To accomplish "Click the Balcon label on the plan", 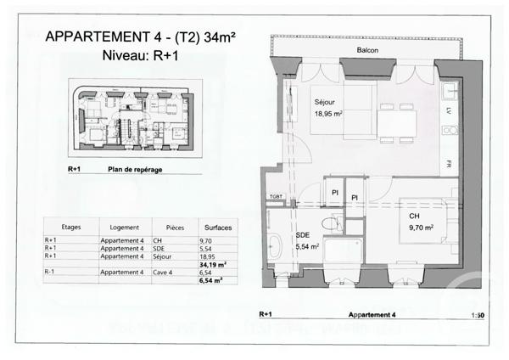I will click(x=367, y=51).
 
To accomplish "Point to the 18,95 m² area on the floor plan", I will click(x=329, y=113).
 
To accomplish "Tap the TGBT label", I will click(x=276, y=196).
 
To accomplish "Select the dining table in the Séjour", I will click(x=396, y=126).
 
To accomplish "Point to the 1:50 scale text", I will click(x=478, y=314).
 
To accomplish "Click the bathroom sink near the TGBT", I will click(x=276, y=249).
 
